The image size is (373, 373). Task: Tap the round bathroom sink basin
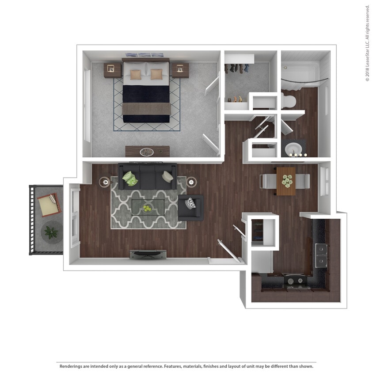(x=293, y=148)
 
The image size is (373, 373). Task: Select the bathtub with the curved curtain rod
(x=305, y=71)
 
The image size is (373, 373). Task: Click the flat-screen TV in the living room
(x=148, y=254)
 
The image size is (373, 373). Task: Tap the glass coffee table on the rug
(x=148, y=206)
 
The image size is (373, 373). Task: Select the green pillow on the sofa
(x=130, y=178)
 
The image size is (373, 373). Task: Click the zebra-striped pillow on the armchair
(x=190, y=203)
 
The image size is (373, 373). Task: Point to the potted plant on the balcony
(x=51, y=231)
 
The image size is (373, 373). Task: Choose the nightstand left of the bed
(x=112, y=69)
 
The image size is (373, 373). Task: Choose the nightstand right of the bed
(x=180, y=69)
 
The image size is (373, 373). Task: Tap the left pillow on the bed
(x=135, y=74)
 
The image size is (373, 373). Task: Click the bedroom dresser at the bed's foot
(x=147, y=151)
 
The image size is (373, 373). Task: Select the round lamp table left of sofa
(x=106, y=181)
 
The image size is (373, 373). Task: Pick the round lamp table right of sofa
(x=191, y=181)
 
